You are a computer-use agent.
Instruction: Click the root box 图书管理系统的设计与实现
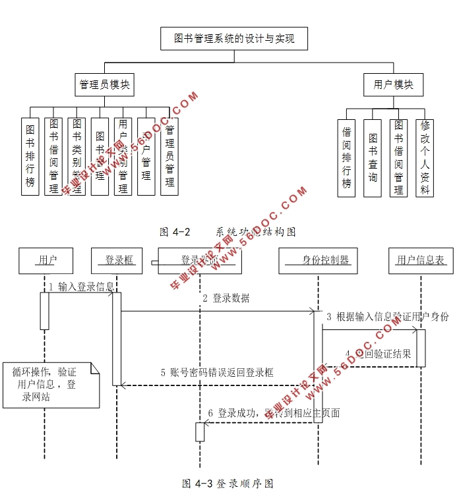(x=234, y=39)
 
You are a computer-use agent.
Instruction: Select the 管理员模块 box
(x=104, y=85)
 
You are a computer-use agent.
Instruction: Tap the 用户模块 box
(x=393, y=85)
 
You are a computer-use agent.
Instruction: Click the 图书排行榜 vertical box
(x=30, y=156)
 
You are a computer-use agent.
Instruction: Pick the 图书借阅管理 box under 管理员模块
(x=53, y=156)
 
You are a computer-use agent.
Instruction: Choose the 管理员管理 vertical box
(x=169, y=156)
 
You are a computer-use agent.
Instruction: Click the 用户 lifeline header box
(x=46, y=260)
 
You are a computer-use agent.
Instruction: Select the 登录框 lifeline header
(x=119, y=260)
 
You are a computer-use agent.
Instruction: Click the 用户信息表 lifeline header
(x=421, y=260)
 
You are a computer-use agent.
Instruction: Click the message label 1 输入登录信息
(x=82, y=287)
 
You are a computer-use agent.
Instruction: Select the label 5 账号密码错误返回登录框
(x=217, y=372)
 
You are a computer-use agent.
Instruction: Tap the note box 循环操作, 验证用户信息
(x=49, y=384)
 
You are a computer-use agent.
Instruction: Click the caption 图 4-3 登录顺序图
(x=228, y=484)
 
